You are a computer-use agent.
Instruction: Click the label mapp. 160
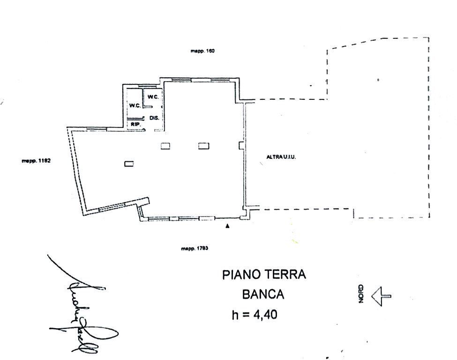point(202,51)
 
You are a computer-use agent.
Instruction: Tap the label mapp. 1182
point(36,160)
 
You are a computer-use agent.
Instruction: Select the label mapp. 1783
point(195,248)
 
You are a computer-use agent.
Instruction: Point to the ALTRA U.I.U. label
point(281,157)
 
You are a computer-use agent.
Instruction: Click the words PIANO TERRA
point(264,275)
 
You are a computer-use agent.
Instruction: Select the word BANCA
point(263,294)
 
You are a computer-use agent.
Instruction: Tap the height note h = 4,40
point(255,315)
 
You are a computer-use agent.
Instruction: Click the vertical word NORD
point(361,293)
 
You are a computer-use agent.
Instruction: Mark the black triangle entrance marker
point(228,226)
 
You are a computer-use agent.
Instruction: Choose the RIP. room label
point(135,124)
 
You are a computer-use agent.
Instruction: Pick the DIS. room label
point(154,118)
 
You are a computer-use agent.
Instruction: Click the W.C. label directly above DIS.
point(153,97)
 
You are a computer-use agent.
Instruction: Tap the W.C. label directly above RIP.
point(135,105)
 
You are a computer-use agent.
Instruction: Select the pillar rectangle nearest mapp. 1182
point(129,164)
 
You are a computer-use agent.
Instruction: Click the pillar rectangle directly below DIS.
point(165,146)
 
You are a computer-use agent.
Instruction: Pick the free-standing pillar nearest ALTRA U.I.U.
point(203,146)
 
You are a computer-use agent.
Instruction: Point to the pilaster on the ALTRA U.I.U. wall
point(241,145)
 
